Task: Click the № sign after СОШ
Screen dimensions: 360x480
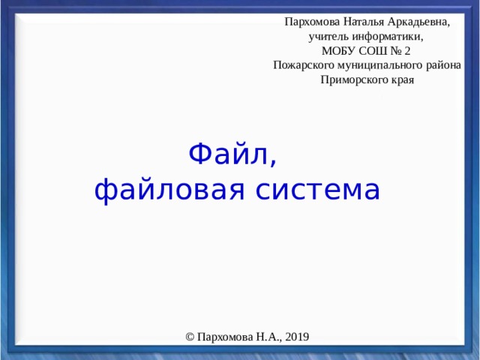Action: tap(397, 51)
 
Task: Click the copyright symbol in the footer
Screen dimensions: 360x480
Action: tap(190, 337)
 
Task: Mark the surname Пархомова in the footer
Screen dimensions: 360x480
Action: tap(222, 337)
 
